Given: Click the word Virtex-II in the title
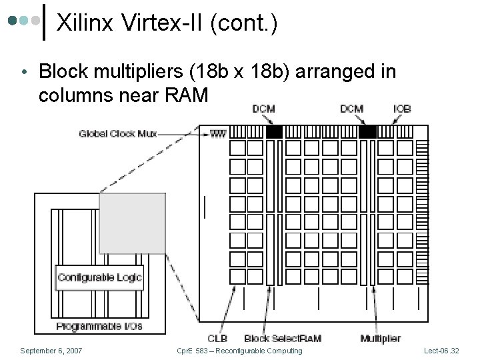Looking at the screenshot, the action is (161, 23).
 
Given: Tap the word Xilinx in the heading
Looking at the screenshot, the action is (85, 23).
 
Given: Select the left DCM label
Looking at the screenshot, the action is (263, 109).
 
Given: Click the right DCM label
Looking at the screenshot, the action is (352, 109).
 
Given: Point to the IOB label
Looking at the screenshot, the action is (402, 109).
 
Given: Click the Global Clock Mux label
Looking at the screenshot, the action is (118, 134).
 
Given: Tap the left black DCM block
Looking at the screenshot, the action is (274, 132).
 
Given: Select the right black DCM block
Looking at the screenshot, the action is (367, 132).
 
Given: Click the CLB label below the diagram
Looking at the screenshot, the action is (217, 338).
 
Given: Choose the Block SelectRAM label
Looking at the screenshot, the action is (283, 338).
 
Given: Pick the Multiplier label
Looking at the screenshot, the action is (381, 338).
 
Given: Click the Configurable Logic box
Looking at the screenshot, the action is (99, 277).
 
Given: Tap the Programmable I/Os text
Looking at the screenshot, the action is (99, 326).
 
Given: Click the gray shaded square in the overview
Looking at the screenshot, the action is (132, 223).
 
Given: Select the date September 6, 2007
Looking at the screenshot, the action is (51, 351).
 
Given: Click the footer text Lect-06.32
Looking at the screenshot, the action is (441, 351).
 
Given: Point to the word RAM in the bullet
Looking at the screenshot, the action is (187, 95).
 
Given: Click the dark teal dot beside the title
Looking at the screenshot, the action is (12, 21).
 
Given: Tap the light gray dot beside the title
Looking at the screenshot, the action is (35, 21).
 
